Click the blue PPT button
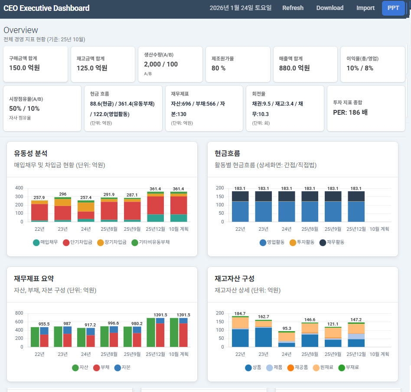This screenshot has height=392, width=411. [393, 8]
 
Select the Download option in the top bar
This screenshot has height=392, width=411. [329, 8]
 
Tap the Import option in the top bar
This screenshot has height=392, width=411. [365, 8]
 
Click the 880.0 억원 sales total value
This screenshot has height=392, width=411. [294, 68]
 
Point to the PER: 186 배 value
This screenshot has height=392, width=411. [350, 112]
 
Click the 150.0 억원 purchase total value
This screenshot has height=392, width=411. [24, 68]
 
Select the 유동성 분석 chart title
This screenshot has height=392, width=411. [31, 153]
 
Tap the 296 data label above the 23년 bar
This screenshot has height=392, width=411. [63, 194]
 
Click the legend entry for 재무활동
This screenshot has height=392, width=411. [332, 243]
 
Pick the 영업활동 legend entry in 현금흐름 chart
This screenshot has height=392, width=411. [272, 243]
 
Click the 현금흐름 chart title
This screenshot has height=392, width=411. [227, 153]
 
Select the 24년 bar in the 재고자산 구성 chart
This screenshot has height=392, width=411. [287, 339]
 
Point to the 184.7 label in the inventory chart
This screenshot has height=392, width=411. [240, 313]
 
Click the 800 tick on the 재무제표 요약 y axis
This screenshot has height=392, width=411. [19, 313]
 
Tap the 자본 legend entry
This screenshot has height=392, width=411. [123, 368]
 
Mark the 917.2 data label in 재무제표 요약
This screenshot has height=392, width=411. [91, 325]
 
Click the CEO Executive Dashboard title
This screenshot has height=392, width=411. [46, 8]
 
